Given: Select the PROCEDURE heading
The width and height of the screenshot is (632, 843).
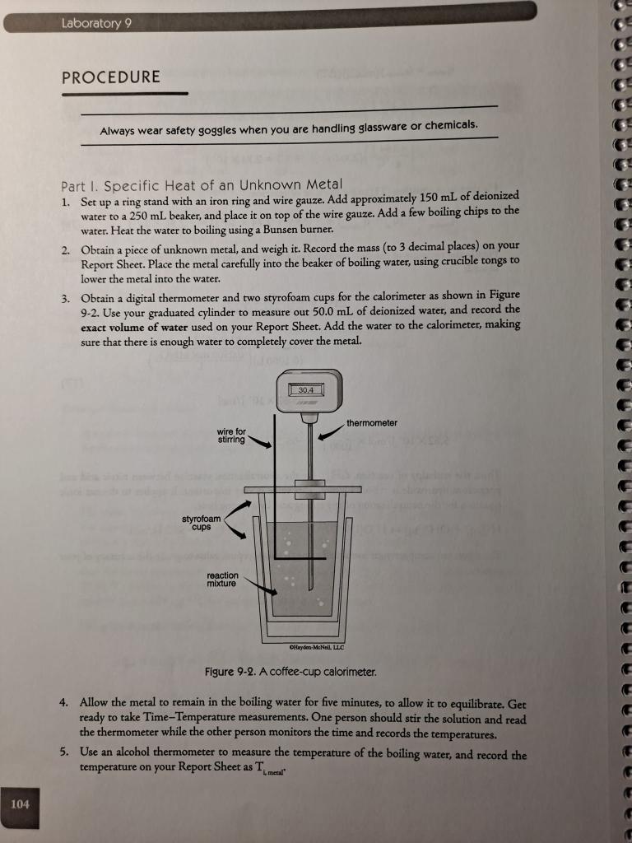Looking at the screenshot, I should coord(111,77).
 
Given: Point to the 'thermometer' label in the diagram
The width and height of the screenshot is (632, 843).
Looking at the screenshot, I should coord(372,423).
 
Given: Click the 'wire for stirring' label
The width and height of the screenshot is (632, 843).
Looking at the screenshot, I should coord(231,435).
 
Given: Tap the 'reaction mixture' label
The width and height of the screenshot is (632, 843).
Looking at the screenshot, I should coord(223,580).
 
